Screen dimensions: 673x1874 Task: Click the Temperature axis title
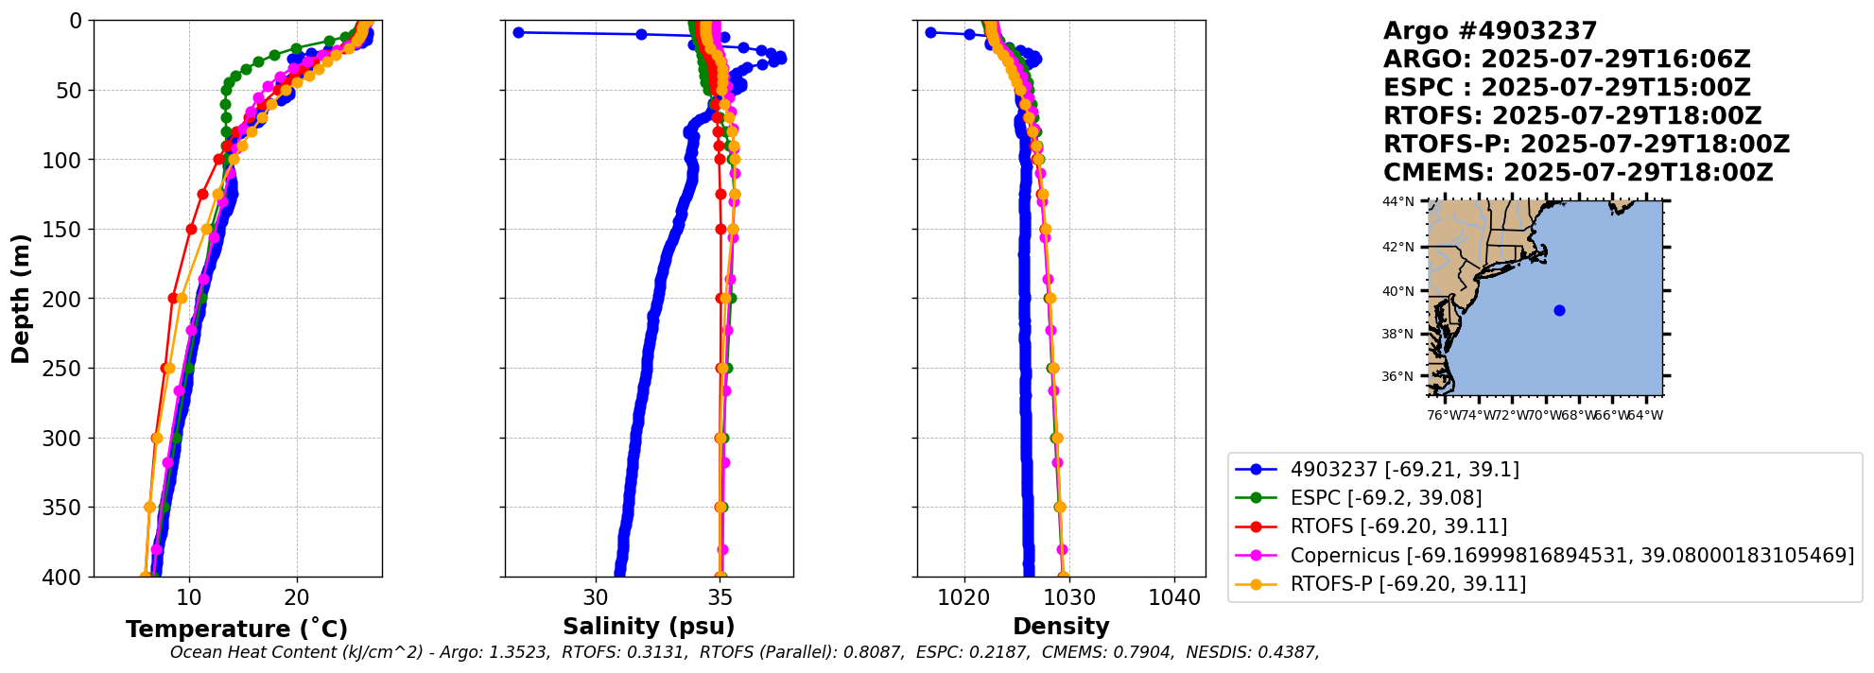236,629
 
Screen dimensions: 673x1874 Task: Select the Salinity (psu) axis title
649,626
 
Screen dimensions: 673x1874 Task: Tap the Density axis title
1061,626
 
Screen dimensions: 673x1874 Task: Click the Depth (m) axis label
21,299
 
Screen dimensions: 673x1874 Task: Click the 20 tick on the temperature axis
297,597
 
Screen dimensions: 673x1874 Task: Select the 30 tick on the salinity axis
596,597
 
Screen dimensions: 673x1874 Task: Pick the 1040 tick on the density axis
1174,597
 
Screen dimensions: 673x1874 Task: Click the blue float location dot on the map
1559,310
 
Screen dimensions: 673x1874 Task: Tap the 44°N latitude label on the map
1398,201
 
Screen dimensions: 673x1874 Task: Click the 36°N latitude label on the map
1398,376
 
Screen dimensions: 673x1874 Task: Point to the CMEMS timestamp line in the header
1578,173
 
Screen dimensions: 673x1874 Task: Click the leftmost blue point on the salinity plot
518,32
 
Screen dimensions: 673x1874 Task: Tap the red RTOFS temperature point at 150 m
191,229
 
